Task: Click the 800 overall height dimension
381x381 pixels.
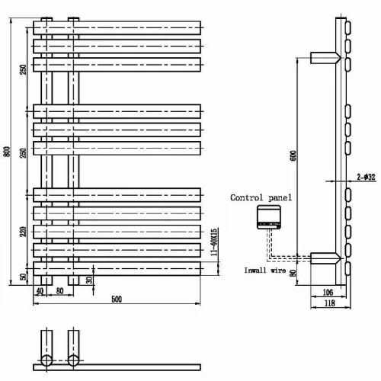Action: point(8,152)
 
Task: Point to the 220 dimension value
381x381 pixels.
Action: point(23,232)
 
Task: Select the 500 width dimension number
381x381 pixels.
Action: point(117,299)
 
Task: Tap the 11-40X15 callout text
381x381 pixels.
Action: point(214,242)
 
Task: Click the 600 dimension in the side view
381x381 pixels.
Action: point(293,155)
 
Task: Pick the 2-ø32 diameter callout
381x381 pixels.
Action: point(366,177)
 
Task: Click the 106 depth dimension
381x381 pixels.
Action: point(328,293)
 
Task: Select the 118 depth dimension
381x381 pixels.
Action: point(330,303)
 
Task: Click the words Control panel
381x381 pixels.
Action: point(261,197)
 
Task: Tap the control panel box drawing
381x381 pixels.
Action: point(269,217)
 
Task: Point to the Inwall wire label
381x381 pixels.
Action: point(265,271)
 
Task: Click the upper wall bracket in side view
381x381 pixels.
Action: point(325,58)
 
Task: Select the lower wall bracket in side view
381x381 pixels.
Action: point(325,258)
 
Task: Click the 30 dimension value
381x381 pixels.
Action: point(89,280)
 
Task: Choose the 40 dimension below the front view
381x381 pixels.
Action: point(40,291)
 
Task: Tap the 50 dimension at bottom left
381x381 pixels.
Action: point(24,277)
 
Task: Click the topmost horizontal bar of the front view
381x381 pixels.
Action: point(117,27)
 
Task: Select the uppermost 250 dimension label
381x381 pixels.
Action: point(23,69)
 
